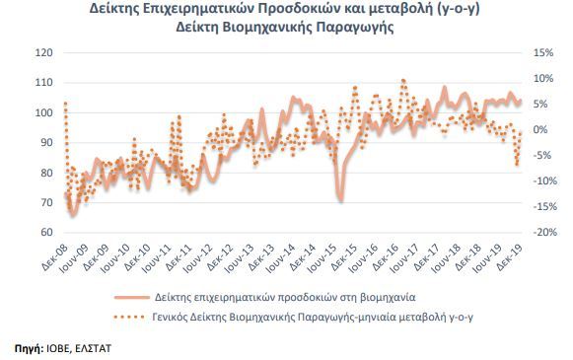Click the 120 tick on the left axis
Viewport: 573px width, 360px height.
click(x=43, y=52)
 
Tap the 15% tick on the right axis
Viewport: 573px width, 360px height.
click(x=543, y=52)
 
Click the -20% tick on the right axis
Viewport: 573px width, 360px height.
click(x=544, y=232)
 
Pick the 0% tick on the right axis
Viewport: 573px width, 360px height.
click(x=540, y=129)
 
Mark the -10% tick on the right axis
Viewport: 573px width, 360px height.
click(x=544, y=180)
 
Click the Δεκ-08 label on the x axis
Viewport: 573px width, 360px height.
click(x=55, y=257)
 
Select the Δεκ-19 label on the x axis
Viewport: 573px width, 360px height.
click(x=509, y=257)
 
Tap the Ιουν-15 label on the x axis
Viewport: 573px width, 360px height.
click(x=322, y=258)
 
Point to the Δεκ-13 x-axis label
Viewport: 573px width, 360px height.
click(x=261, y=257)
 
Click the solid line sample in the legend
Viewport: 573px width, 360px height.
click(x=132, y=298)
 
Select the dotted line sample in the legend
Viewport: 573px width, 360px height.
click(x=129, y=317)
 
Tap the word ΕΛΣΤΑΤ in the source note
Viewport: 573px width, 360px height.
click(x=93, y=348)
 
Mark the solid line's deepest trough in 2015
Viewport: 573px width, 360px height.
click(x=341, y=200)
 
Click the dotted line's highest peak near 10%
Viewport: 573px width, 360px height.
click(x=403, y=80)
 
